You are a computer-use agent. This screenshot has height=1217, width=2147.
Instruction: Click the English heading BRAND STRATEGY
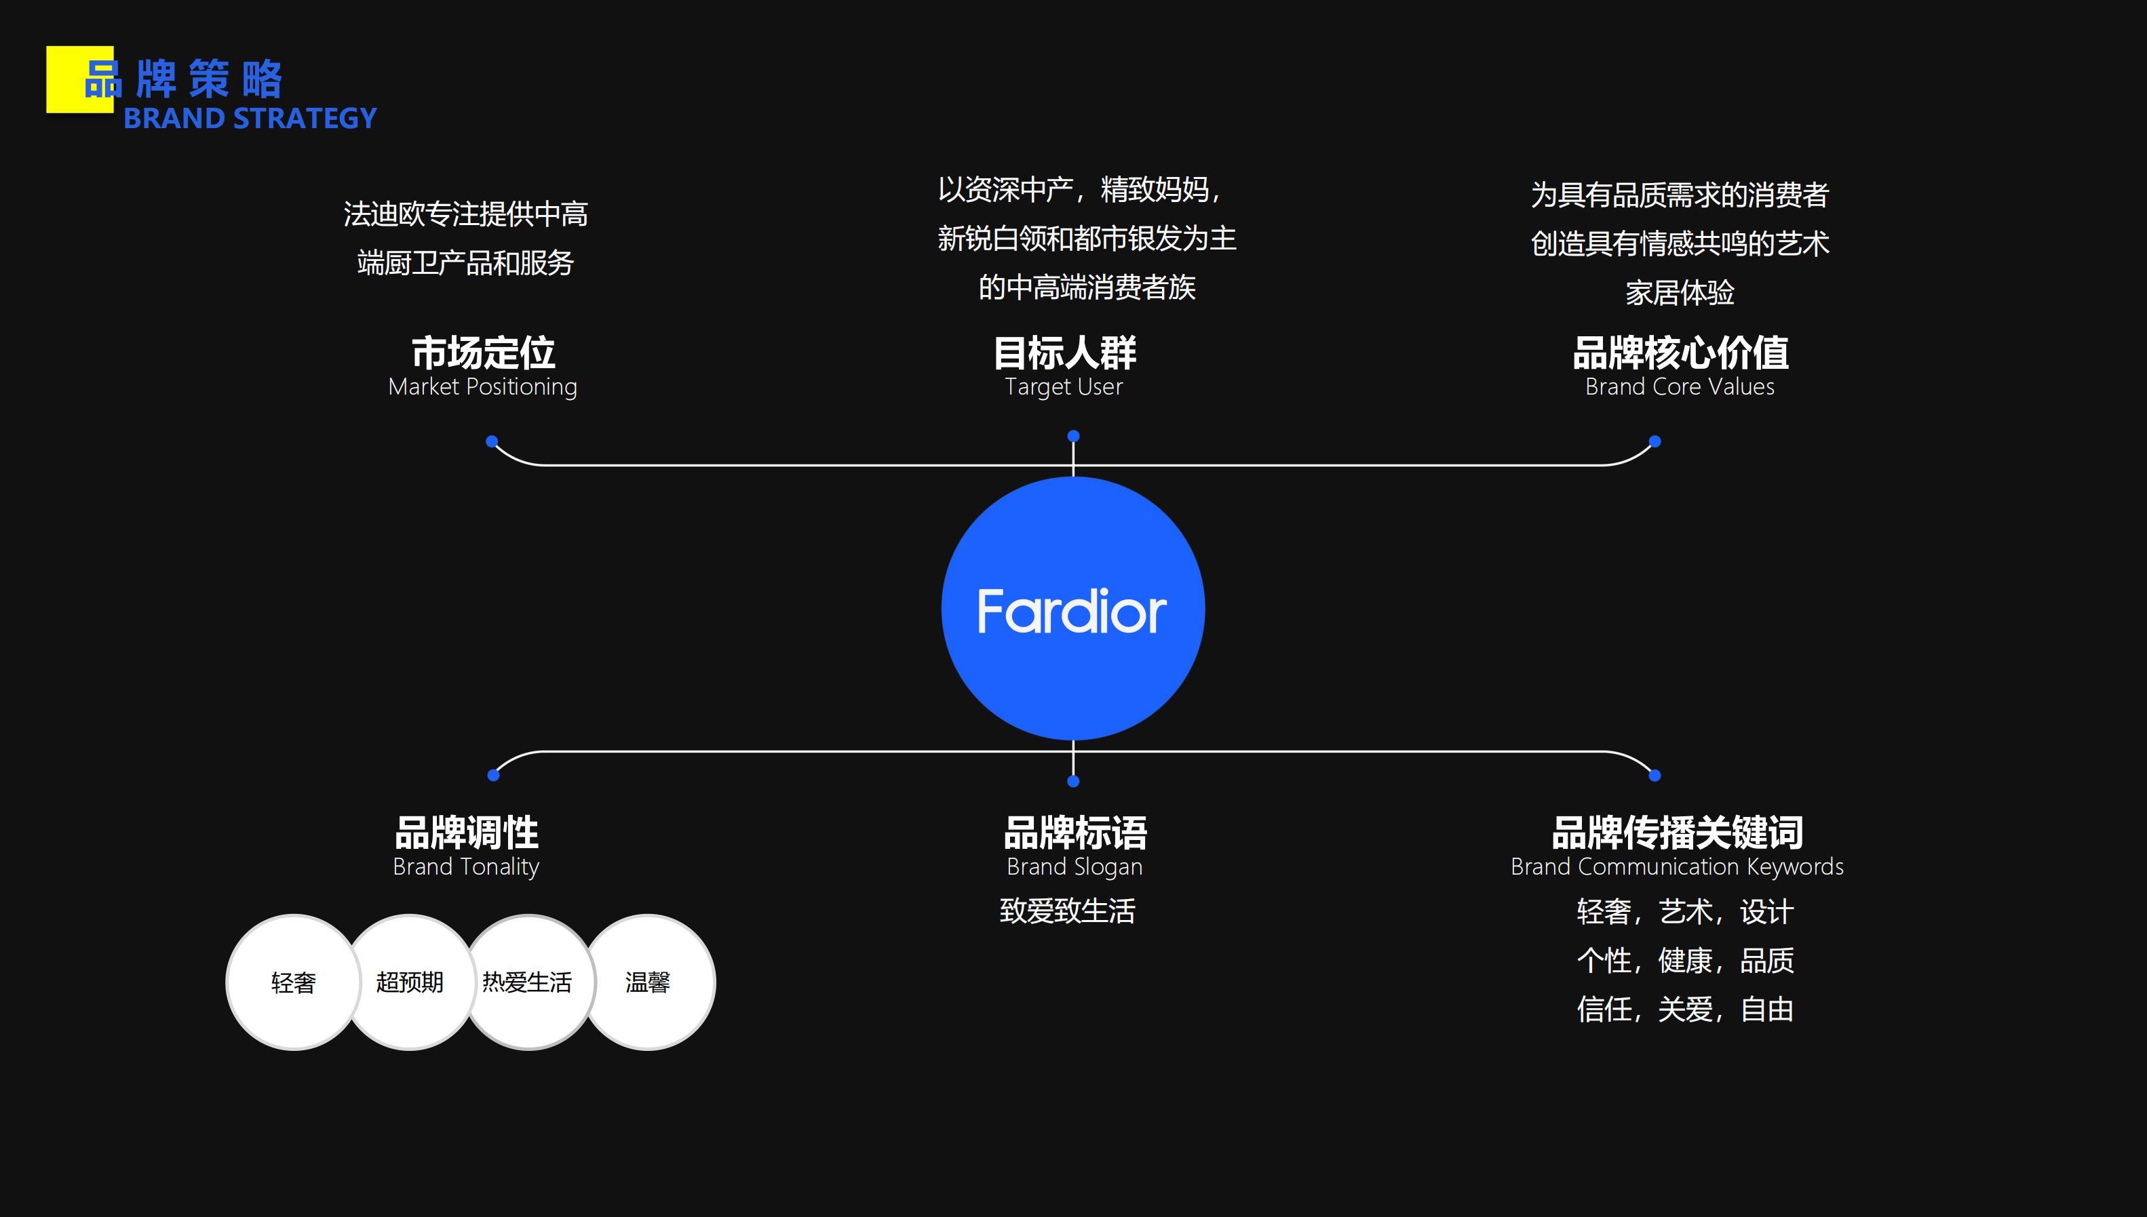click(x=250, y=119)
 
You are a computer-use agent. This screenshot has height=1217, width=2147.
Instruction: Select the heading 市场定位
click(x=483, y=353)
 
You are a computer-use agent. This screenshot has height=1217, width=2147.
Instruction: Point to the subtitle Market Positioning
click(x=482, y=387)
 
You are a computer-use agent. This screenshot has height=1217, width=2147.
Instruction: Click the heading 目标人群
click(x=1064, y=353)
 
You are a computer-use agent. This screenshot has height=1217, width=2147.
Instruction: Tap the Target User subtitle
click(x=1064, y=387)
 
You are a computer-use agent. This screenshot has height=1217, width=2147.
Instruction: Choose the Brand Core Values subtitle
click(x=1680, y=387)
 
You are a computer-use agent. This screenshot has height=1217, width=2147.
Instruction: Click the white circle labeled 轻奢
click(x=292, y=982)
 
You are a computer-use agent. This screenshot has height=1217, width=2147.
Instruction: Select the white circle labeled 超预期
click(x=410, y=982)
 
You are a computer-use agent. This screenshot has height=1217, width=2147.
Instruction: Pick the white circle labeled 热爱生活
click(x=528, y=982)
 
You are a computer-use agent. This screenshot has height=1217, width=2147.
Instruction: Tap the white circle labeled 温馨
click(x=649, y=982)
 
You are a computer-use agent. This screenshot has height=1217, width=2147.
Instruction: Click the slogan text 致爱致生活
click(x=1068, y=911)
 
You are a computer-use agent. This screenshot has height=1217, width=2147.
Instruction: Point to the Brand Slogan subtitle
click(x=1075, y=866)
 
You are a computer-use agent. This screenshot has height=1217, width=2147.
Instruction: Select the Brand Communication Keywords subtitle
click(x=1677, y=866)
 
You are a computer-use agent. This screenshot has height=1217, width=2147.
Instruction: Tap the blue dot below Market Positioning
click(x=492, y=441)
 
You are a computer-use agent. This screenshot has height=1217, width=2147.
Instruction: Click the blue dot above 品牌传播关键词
click(x=1655, y=776)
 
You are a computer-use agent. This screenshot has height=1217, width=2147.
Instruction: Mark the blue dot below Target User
click(x=1073, y=437)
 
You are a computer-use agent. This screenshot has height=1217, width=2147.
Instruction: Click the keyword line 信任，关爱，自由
click(x=1684, y=1010)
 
